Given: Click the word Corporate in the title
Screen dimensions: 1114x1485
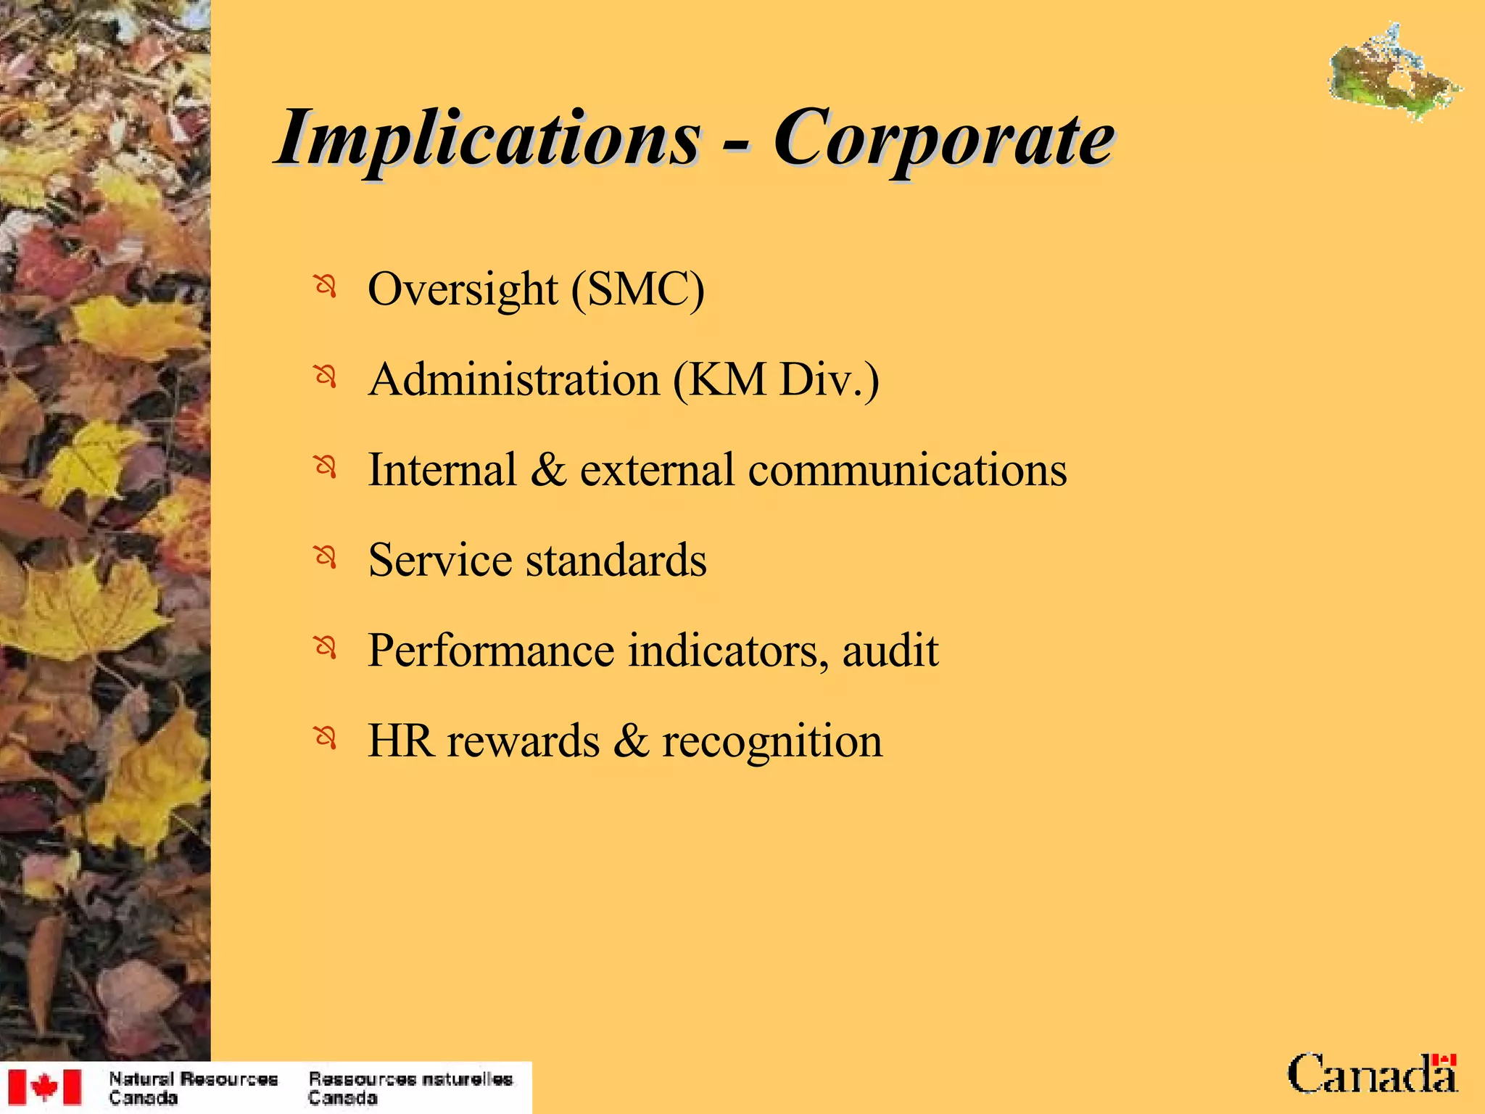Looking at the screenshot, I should coord(943,138).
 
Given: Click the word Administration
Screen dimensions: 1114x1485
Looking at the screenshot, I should coord(514,379).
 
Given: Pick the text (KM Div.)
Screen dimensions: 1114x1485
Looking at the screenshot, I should coord(776,379).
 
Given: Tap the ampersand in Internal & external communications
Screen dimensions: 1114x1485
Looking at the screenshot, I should coord(547,470).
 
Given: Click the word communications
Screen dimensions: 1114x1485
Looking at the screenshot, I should coord(907,470).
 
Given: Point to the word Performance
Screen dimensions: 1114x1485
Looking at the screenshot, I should coord(491,651).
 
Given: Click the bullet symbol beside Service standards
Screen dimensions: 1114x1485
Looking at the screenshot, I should coord(326,558).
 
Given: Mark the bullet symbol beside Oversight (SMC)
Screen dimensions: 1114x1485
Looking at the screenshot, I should coord(326,286).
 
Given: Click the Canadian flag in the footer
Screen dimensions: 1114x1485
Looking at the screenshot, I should coord(44,1087).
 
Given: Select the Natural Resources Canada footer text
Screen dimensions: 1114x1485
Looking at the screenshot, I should coord(193,1088).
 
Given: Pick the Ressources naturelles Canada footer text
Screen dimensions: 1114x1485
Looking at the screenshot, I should coord(410,1088).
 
